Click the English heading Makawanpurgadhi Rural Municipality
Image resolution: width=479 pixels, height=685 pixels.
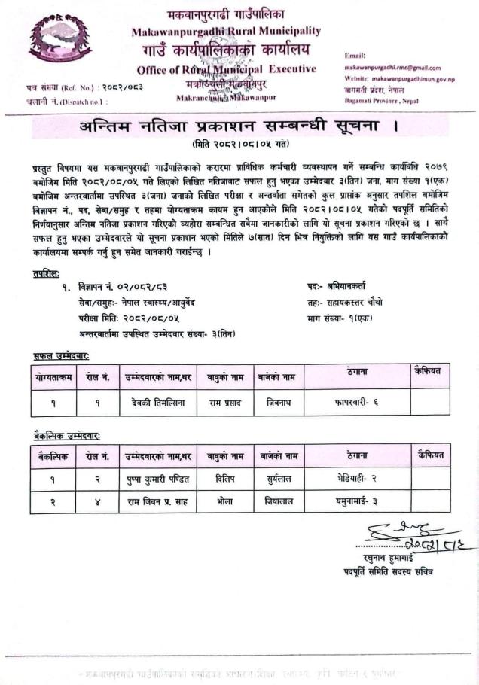226,32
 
